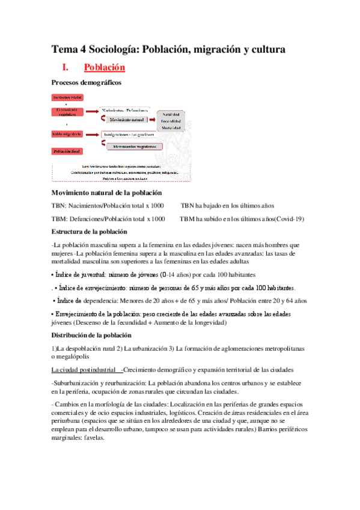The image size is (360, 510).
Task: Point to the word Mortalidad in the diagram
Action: click(172, 128)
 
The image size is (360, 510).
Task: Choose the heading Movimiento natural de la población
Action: click(106, 192)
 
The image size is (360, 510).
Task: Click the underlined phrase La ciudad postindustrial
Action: click(84, 369)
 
